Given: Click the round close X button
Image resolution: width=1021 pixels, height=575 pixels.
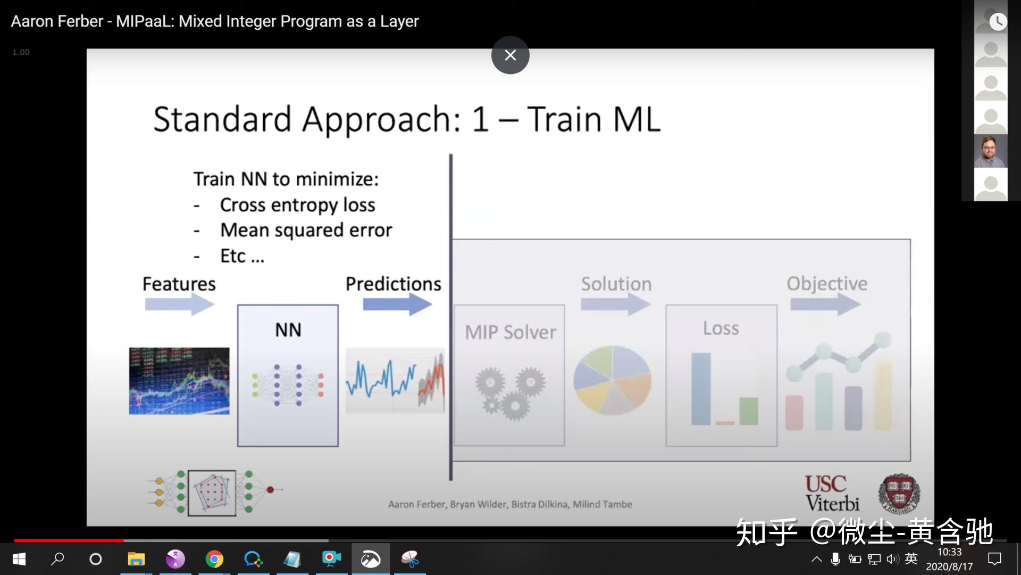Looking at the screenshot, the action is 510,55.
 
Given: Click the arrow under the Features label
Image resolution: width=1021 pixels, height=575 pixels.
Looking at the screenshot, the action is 179,305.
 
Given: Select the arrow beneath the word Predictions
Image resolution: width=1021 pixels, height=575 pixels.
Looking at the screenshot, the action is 397,305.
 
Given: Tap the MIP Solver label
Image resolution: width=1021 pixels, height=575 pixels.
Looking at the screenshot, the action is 510,332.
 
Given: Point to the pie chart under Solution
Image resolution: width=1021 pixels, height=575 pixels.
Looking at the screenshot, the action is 612,380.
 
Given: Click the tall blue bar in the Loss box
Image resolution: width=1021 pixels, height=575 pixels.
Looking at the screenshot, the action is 701,389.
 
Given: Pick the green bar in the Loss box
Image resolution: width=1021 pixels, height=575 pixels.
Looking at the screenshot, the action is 748,411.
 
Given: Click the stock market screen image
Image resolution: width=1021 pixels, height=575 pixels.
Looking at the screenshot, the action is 179,381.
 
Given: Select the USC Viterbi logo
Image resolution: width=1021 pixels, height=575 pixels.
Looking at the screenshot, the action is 832,494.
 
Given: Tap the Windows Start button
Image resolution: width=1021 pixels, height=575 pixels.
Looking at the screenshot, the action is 19,559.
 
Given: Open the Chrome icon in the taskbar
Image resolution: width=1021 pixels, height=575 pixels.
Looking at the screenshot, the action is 214,559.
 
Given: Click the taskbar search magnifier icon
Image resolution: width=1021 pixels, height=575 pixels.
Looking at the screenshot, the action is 57,558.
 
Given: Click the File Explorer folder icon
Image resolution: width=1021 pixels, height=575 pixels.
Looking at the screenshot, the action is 136,559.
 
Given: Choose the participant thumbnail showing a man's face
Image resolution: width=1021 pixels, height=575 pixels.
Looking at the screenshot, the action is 990,151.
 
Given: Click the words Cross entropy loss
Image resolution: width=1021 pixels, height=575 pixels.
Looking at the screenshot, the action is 297,205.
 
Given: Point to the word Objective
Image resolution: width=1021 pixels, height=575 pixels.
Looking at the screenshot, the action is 827,284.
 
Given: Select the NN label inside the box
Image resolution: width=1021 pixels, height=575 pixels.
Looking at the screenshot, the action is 288,330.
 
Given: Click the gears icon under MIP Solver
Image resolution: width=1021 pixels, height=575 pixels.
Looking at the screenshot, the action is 509,393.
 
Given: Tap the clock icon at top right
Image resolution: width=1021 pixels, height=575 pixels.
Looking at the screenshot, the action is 998,21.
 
